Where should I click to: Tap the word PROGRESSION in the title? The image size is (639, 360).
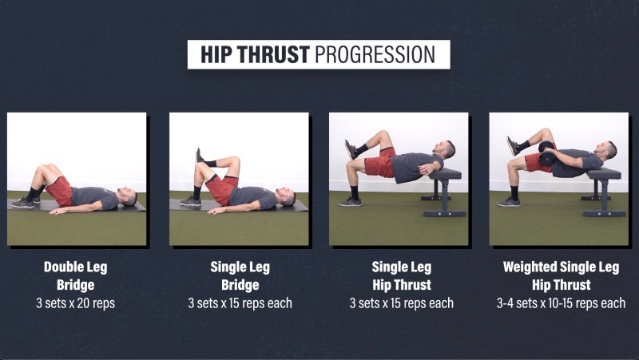click(375, 54)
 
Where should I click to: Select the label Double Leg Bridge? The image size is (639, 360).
click(76, 275)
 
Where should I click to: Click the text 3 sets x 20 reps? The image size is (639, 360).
click(76, 303)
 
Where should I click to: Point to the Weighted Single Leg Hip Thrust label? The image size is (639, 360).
click(562, 275)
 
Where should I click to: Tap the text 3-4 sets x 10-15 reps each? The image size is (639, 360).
click(562, 303)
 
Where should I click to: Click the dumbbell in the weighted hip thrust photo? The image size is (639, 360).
click(546, 153)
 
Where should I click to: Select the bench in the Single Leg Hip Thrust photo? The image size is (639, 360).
click(444, 192)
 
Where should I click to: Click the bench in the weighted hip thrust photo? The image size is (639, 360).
click(604, 192)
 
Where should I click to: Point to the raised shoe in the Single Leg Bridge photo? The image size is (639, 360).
click(199, 156)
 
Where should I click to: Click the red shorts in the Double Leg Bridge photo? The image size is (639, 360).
click(60, 191)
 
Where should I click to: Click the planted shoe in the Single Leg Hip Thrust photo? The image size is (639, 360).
click(350, 202)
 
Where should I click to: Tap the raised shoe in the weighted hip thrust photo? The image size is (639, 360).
click(513, 145)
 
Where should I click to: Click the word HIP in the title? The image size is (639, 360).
click(216, 54)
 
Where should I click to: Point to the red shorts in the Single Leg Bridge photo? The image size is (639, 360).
click(222, 188)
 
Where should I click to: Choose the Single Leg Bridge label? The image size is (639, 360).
click(240, 275)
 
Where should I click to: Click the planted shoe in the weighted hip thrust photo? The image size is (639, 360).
click(509, 202)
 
